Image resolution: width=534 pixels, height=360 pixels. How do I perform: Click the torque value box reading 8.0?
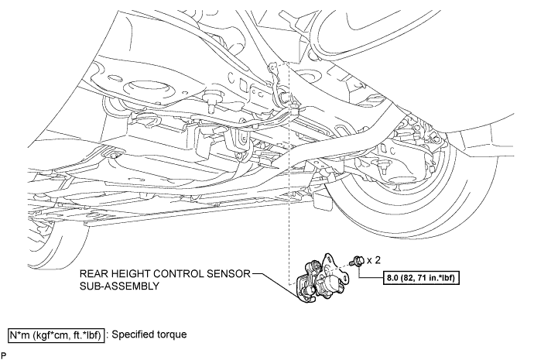tap(421, 278)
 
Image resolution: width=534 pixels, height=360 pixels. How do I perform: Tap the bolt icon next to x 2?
tap(359, 261)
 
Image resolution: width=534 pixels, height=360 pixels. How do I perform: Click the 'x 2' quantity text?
tap(374, 261)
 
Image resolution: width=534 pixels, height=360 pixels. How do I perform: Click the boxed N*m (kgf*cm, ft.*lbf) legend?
tap(56, 335)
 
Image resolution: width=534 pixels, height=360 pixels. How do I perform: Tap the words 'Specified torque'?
tap(149, 334)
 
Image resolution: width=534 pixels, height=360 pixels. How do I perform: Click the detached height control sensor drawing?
tap(322, 278)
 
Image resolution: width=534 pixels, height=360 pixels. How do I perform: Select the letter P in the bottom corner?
tap(3, 355)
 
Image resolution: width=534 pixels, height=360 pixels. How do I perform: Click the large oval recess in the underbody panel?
tap(147, 88)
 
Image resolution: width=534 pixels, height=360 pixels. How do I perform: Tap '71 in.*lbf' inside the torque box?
tap(438, 278)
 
